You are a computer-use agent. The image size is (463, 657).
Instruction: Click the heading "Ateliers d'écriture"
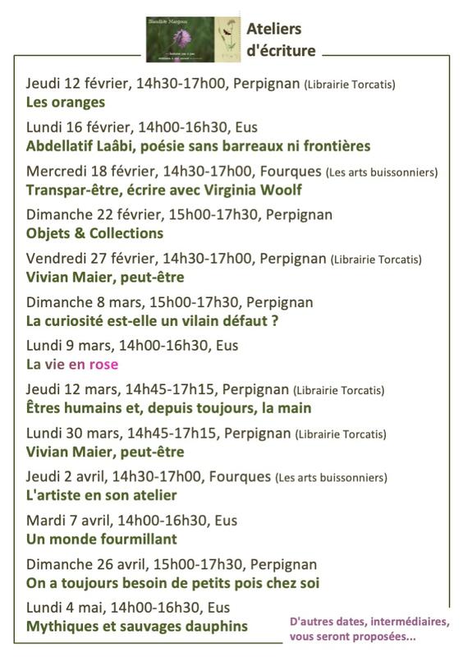coord(280,39)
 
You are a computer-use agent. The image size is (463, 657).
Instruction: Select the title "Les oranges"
coord(66,103)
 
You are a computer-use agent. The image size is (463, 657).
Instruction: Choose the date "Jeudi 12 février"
coord(77,84)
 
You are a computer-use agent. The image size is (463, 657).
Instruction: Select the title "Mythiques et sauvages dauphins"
coord(137,627)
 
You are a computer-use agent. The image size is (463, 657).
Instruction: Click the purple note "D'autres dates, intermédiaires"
coord(369,622)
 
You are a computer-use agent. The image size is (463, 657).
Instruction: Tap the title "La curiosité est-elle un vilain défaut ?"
coord(153,321)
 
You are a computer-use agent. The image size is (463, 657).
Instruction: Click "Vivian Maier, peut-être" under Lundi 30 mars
coord(105,453)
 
